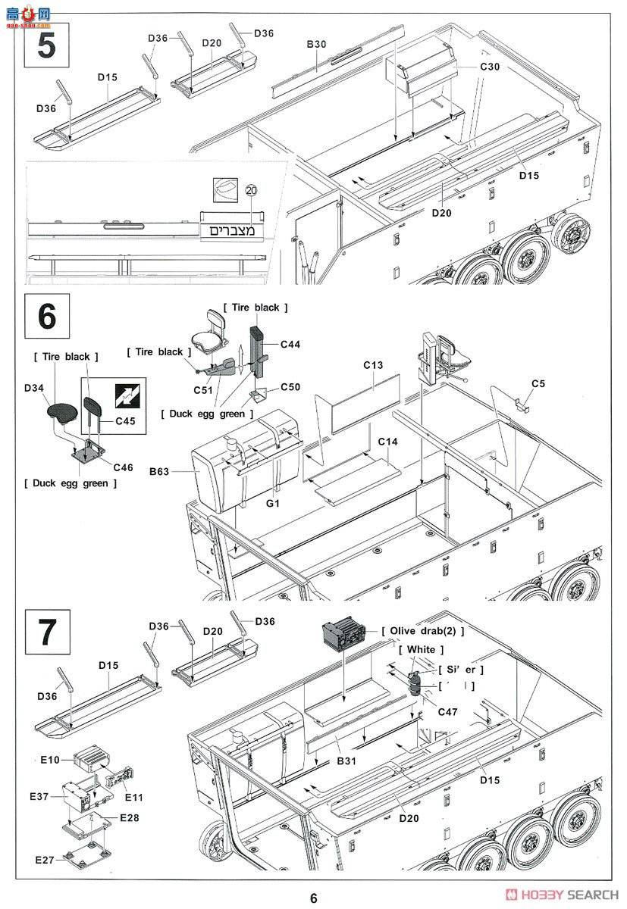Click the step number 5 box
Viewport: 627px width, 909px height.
[46, 45]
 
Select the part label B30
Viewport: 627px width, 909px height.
[316, 45]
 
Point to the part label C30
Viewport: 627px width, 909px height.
[490, 67]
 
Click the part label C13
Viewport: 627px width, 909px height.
[372, 365]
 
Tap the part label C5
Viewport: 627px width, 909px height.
[538, 383]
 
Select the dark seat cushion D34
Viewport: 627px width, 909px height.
[62, 412]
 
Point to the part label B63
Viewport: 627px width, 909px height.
[159, 471]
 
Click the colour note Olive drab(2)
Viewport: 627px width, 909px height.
[423, 631]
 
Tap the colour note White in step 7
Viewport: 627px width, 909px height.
[421, 650]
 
